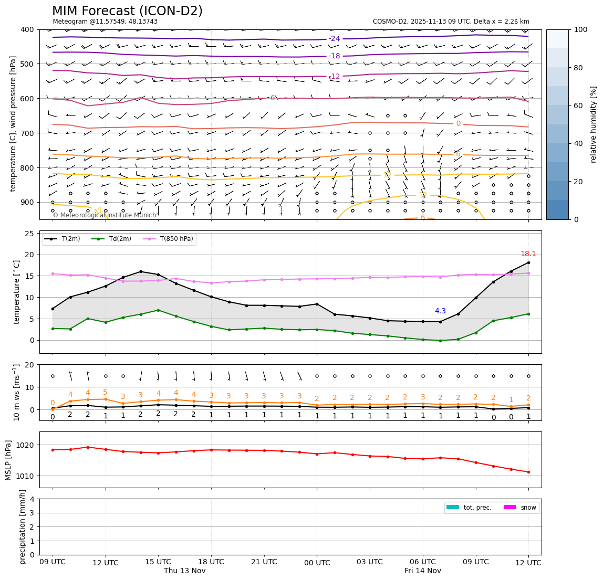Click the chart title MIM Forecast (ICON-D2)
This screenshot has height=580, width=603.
pyautogui.click(x=127, y=11)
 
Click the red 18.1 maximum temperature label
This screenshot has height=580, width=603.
pyautogui.click(x=528, y=254)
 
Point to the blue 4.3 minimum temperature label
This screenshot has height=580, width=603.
pyautogui.click(x=440, y=311)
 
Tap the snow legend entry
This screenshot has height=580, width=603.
pyautogui.click(x=528, y=508)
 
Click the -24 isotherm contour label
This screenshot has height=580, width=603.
pyautogui.click(x=335, y=39)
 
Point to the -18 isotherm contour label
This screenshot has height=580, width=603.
pyautogui.click(x=335, y=56)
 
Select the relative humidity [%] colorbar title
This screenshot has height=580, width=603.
pyautogui.click(x=594, y=124)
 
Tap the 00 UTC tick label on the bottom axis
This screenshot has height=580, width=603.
pyautogui.click(x=317, y=563)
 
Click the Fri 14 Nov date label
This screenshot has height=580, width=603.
pyautogui.click(x=423, y=571)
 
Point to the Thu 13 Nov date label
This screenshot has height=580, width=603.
pyautogui.click(x=184, y=571)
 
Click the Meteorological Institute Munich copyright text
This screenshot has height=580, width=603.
pyautogui.click(x=105, y=215)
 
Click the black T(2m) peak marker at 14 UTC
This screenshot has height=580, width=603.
pyautogui.click(x=141, y=271)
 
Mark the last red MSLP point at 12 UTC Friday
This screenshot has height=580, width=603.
pyautogui.click(x=528, y=472)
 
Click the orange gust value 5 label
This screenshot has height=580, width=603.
pyautogui.click(x=105, y=393)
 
